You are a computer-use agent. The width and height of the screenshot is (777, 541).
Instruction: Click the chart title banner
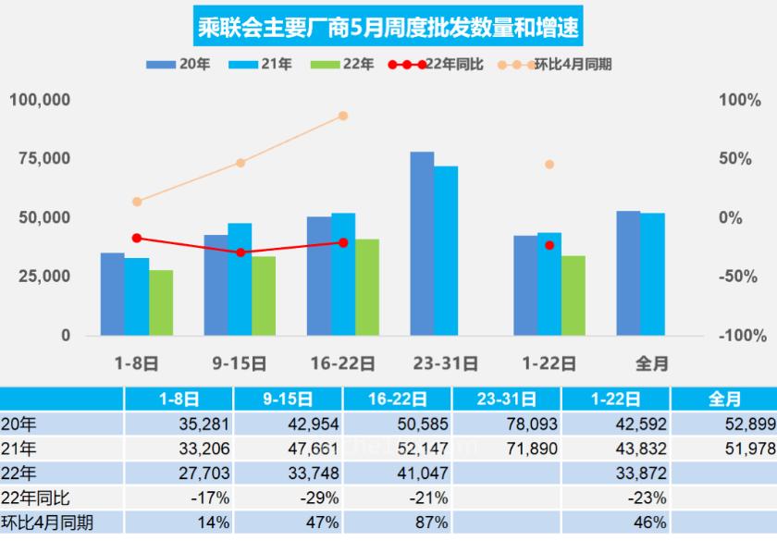coord(388,28)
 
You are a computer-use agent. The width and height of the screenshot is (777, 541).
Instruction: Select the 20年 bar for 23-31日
coord(422,243)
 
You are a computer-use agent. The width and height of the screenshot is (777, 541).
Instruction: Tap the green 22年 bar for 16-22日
coord(367,287)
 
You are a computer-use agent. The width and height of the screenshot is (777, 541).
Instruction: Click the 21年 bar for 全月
coord(653,274)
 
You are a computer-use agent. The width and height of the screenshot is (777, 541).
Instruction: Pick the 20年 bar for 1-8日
coord(113,293)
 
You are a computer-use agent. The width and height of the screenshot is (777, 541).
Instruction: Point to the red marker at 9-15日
coord(240,252)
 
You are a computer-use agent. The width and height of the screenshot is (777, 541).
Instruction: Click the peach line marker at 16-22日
coord(343,116)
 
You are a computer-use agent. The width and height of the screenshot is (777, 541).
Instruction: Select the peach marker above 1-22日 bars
coord(549,165)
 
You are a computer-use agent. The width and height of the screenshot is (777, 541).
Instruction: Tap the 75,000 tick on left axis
coord(40,158)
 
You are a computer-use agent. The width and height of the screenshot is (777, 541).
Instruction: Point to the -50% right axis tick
coord(739,277)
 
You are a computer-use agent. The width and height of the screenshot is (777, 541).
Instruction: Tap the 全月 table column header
coord(723,400)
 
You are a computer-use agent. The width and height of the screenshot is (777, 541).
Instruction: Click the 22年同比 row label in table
coord(31,498)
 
